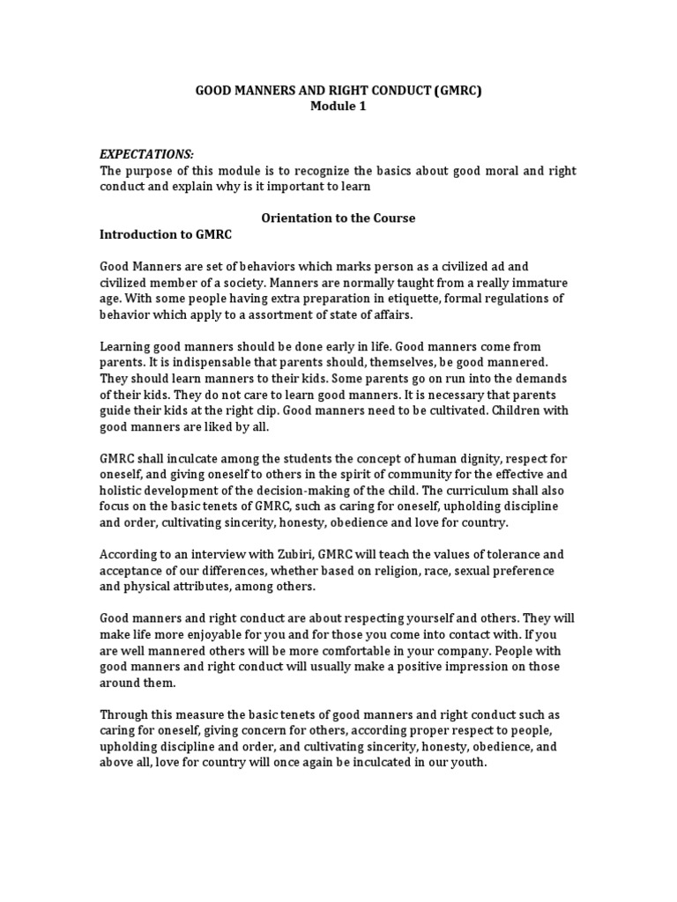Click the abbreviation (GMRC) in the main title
point(453,91)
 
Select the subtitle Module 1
point(338,107)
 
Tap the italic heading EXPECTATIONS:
point(145,154)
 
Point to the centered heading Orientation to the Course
point(338,218)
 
